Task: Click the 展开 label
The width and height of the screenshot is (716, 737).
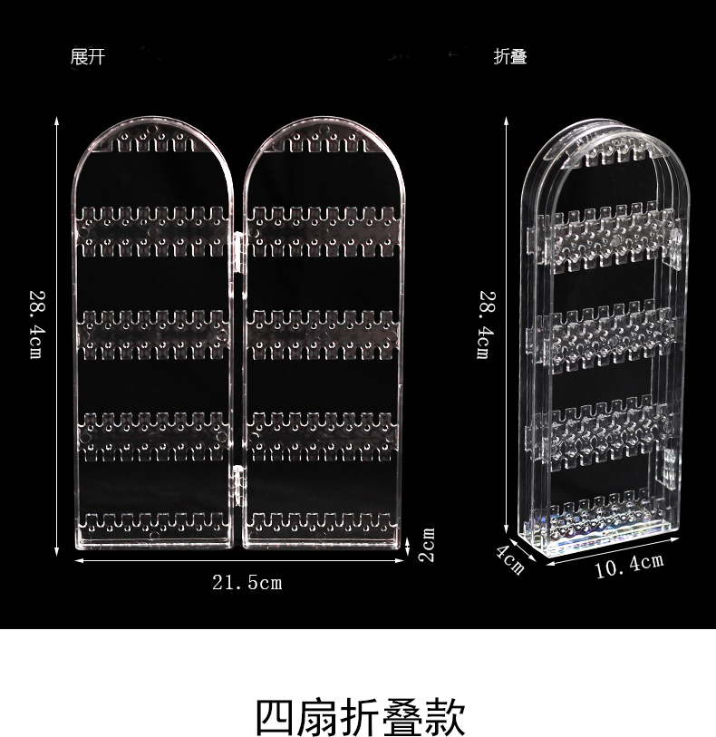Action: click(88, 57)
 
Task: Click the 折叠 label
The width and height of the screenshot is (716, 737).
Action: click(510, 57)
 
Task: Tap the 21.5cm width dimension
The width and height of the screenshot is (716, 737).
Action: click(247, 582)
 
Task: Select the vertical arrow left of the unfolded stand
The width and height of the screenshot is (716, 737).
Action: click(57, 326)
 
